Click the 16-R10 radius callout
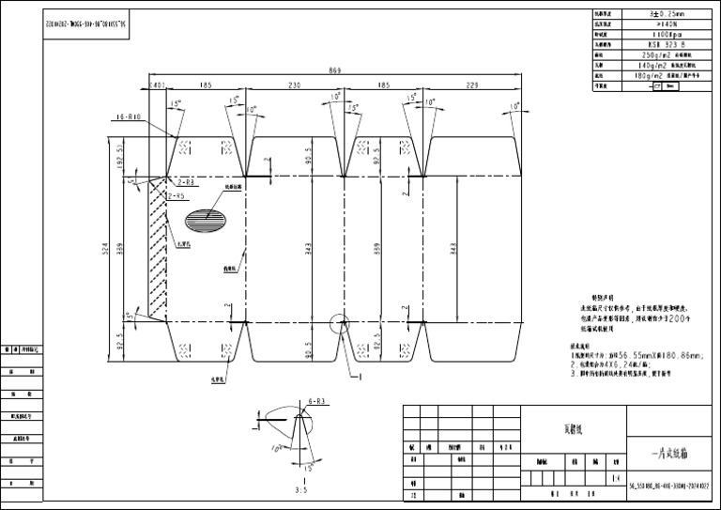point(128,117)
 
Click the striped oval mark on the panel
point(207,220)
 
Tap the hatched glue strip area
point(157,248)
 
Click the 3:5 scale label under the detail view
point(300,490)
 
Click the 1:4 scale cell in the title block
point(614,477)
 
